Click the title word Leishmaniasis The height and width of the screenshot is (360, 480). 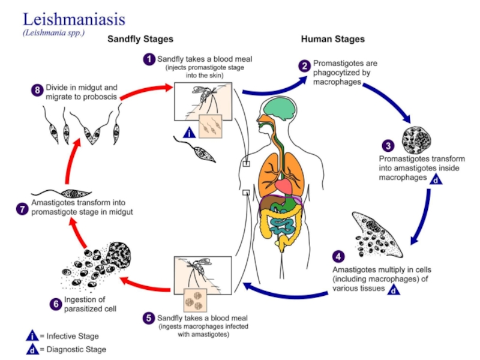coord(74,20)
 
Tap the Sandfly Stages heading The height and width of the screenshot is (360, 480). coord(140,39)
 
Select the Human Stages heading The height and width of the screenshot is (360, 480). coord(333,39)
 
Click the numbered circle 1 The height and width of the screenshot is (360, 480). coord(149,59)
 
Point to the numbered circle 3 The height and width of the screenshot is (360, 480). coord(388,146)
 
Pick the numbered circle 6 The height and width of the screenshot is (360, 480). coord(56,304)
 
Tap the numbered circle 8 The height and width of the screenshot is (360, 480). coord(37,91)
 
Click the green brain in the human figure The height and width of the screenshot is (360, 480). coord(281,107)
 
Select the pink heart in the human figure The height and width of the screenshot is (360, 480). coord(283,187)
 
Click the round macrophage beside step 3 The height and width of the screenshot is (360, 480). coord(416,140)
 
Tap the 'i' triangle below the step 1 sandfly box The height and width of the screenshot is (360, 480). coord(190,133)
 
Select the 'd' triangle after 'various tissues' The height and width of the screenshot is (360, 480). coord(394,289)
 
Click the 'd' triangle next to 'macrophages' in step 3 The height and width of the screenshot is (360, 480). coord(436,179)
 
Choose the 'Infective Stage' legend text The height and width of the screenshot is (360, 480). coord(73,336)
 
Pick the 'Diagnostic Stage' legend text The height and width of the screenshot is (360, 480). coord(76,349)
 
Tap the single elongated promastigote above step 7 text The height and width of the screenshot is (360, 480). coord(61,193)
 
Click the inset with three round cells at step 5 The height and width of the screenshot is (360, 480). coord(196,300)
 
